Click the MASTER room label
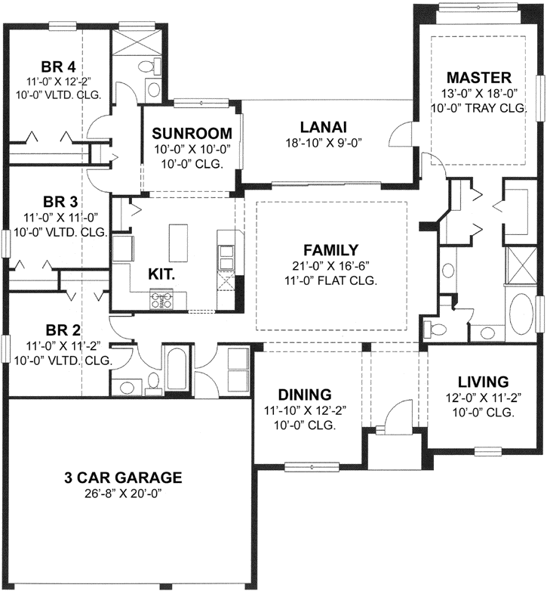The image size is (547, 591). [x=478, y=78]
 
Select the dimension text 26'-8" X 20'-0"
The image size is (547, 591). [x=122, y=493]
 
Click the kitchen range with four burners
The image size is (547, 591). [x=159, y=301]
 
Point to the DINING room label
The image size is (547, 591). [x=304, y=395]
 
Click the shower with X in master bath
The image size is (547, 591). [x=521, y=268]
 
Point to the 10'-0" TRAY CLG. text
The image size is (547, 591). [x=478, y=109]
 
